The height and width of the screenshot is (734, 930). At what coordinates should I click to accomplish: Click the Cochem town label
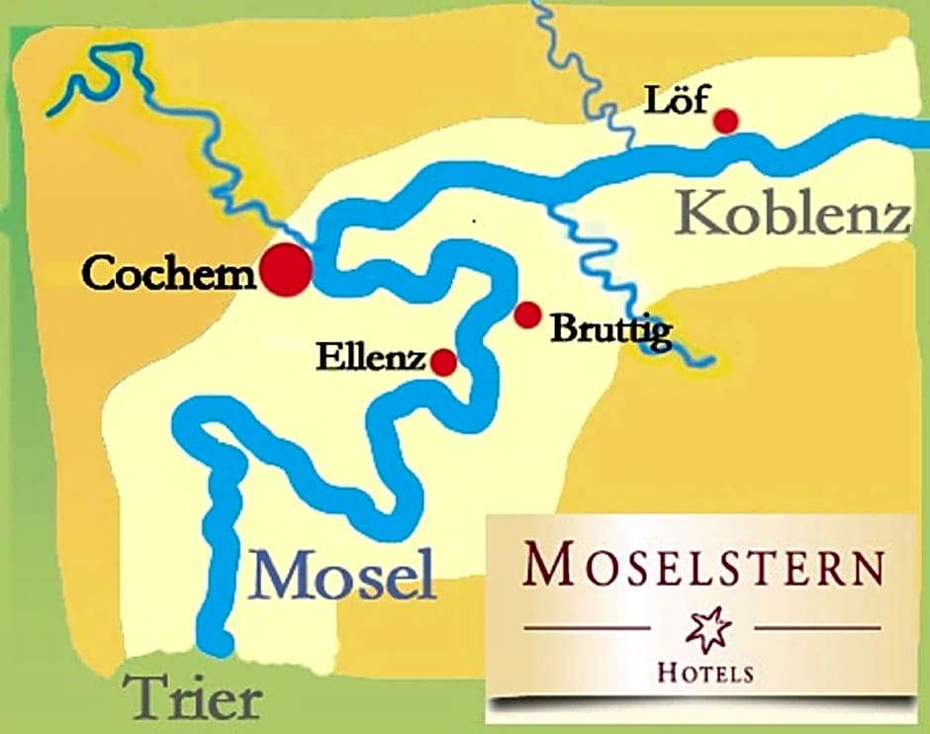pos(169,272)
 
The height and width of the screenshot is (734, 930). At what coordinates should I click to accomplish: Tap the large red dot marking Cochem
pos(286,267)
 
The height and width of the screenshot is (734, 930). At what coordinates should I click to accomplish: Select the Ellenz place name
pos(371,357)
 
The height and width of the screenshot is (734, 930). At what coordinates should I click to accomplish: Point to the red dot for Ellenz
pos(443,362)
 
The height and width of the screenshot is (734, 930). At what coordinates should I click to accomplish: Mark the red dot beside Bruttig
pos(527,315)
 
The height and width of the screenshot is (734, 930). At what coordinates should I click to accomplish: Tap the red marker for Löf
pos(726,121)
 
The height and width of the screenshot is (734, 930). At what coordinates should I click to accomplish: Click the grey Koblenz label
pos(794,214)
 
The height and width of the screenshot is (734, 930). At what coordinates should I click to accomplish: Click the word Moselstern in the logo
pos(703,567)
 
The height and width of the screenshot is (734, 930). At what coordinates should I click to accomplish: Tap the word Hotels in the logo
pos(705,673)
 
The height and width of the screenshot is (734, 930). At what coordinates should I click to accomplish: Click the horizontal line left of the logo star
pos(586,627)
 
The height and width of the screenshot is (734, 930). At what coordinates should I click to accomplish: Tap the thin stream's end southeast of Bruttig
pos(706,360)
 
